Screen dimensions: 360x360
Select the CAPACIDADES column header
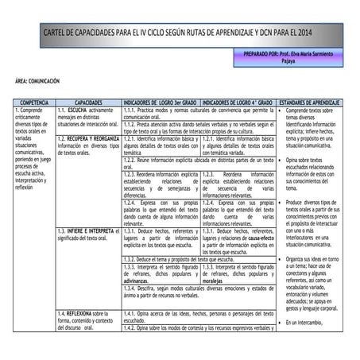click(x=88, y=104)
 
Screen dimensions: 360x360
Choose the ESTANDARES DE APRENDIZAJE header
click(x=311, y=104)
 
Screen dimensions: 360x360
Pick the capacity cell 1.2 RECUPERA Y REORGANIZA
click(x=87, y=145)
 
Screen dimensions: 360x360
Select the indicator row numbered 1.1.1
click(x=199, y=114)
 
